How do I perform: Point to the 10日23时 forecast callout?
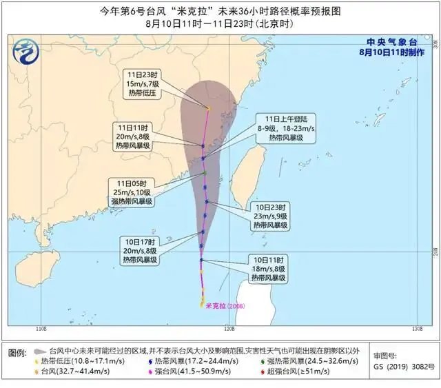coord(269,216)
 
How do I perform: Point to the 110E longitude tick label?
coord(43,329)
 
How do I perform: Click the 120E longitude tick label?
coord(417,329)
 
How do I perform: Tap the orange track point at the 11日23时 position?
coord(208,108)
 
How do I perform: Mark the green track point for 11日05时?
coord(205,172)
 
